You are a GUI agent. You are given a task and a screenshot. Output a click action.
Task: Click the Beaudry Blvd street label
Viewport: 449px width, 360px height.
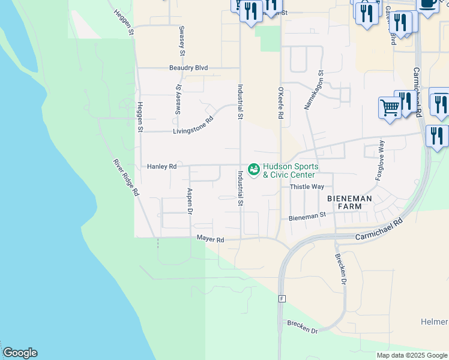click(188, 68)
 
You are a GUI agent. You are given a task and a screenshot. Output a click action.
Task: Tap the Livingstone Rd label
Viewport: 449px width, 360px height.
click(193, 125)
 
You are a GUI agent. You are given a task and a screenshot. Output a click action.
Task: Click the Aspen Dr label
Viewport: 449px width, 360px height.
click(190, 202)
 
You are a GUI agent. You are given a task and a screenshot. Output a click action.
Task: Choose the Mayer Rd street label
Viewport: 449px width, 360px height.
click(210, 239)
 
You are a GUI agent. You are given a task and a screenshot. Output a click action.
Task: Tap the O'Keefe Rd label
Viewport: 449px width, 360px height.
click(280, 103)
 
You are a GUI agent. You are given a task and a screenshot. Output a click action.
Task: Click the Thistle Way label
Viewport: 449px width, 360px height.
click(307, 187)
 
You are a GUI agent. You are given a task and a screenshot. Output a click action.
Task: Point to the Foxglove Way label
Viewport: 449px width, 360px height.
click(380, 161)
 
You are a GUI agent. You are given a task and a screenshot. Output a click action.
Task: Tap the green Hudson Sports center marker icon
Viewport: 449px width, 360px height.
click(254, 170)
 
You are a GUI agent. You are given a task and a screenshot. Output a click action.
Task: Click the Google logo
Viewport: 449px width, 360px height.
click(20, 353)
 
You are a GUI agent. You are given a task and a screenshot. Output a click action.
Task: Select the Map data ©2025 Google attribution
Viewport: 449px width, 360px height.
click(411, 355)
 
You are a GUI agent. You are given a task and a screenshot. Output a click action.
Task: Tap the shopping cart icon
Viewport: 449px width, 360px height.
click(390, 108)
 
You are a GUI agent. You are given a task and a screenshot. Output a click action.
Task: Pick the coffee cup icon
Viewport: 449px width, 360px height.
click(427, 4)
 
